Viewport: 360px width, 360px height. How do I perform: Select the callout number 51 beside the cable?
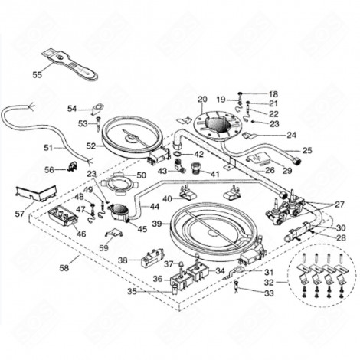pos(48,147)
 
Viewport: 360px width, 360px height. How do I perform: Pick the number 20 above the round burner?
pos(202,100)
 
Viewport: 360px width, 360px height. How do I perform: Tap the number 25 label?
pos(307,150)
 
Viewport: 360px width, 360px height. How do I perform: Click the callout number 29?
pos(287,170)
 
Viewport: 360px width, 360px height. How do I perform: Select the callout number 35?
pos(131,292)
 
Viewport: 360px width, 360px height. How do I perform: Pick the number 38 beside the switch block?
pos(123,260)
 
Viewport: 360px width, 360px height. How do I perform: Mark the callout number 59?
pos(103,247)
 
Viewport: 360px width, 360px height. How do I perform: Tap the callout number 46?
pos(81,233)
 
